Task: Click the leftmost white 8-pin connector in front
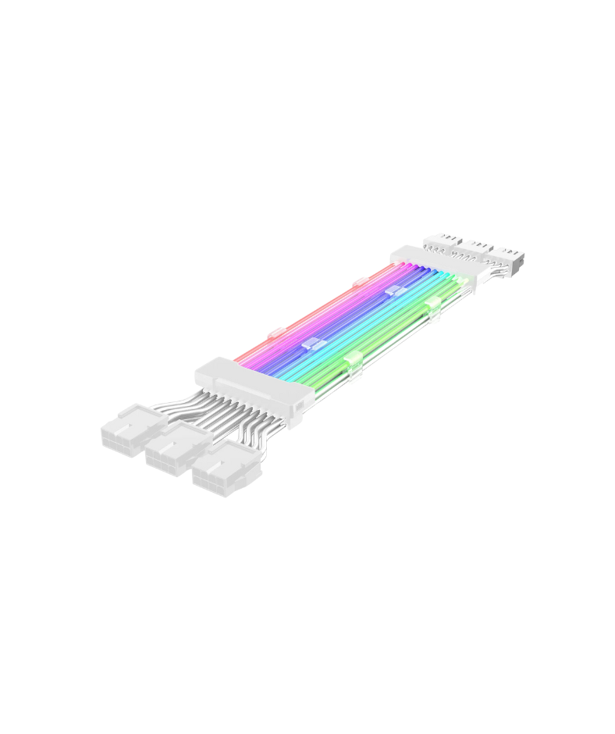click(x=129, y=433)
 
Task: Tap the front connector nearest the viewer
click(x=222, y=475)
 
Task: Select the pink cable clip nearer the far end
click(x=360, y=281)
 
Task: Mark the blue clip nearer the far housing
click(x=395, y=290)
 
